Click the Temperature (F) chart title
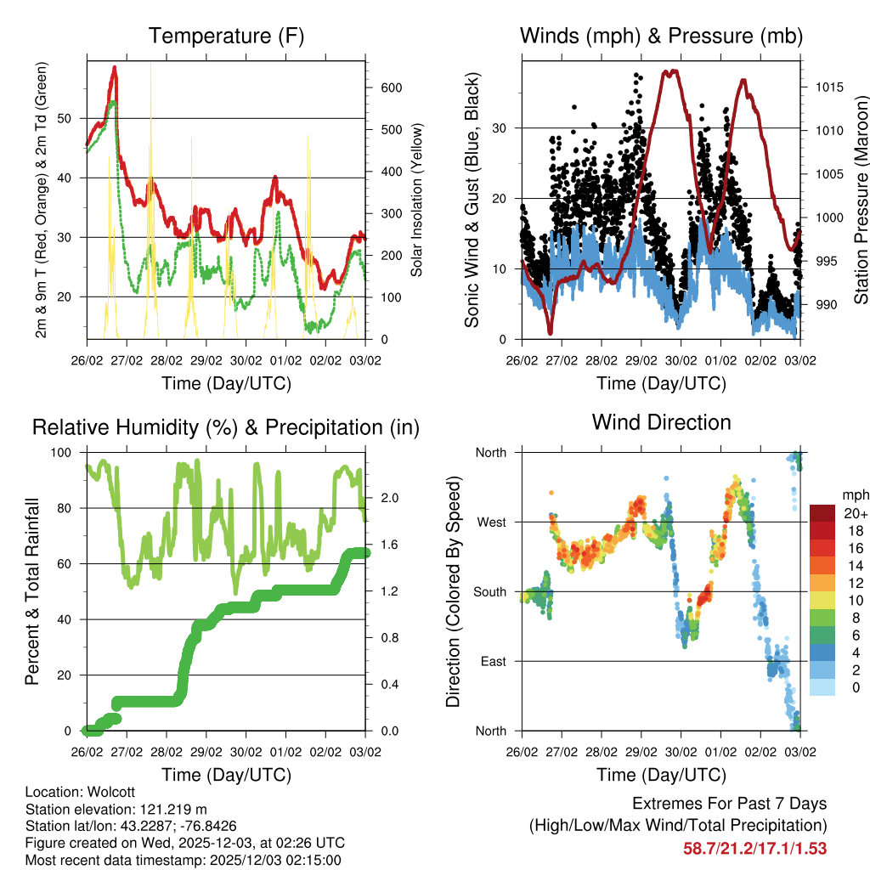[x=226, y=37]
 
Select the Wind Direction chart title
[x=661, y=422]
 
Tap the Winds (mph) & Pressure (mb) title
[x=661, y=37]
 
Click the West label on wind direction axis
[x=491, y=523]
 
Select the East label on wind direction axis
[x=493, y=661]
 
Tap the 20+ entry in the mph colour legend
[x=856, y=513]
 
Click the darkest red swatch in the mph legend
[x=822, y=513]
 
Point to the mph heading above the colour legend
[x=855, y=494]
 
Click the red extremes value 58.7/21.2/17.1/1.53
[x=754, y=848]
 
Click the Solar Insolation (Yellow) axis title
[x=417, y=200]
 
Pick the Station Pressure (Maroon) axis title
[x=862, y=200]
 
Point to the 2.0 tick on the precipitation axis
[x=384, y=497]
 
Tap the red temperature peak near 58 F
[x=115, y=67]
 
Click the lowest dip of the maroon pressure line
[x=551, y=331]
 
